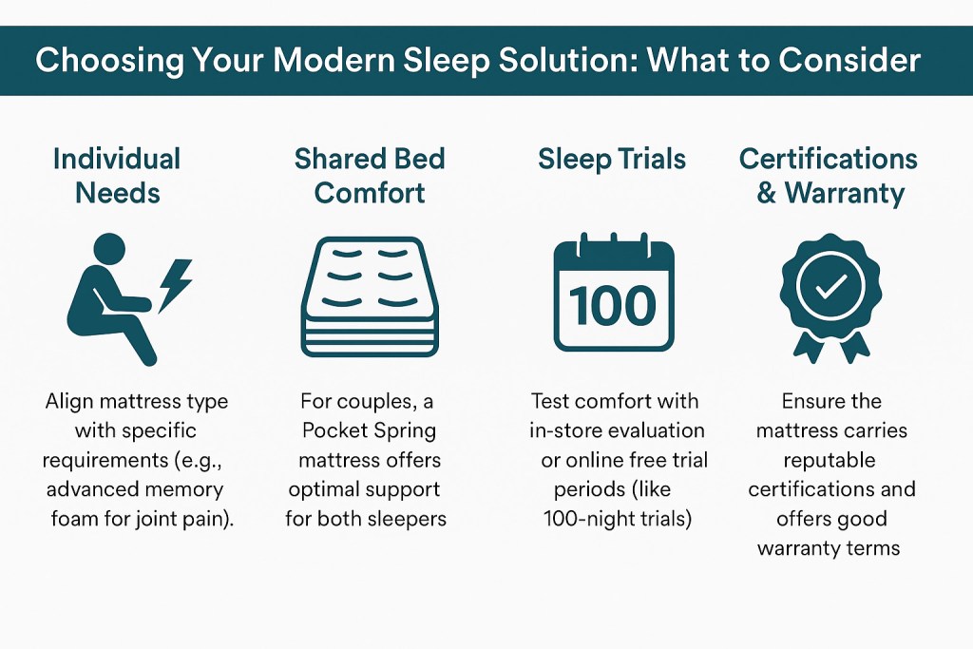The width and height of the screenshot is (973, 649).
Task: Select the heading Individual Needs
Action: click(117, 175)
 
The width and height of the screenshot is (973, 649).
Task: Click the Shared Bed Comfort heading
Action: click(370, 175)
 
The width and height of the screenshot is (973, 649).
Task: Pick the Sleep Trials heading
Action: click(612, 158)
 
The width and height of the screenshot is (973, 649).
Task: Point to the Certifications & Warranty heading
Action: click(829, 175)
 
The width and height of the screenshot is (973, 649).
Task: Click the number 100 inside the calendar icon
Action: click(614, 306)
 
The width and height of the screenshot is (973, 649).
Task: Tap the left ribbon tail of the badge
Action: click(806, 344)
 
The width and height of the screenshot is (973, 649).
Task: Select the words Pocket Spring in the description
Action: click(369, 429)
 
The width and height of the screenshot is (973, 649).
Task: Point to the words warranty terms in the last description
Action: click(830, 548)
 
